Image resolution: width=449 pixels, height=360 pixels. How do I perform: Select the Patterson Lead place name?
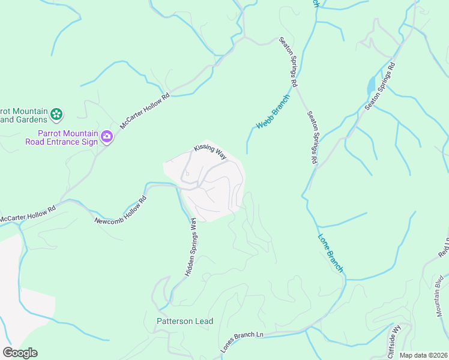pyautogui.click(x=185, y=321)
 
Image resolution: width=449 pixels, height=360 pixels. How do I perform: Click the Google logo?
pyautogui.click(x=20, y=353)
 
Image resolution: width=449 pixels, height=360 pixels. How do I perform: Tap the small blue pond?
pyautogui.click(x=370, y=85)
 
